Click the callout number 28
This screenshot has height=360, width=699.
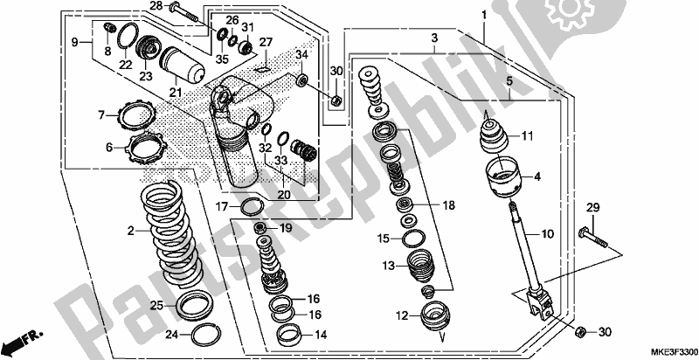coord(156,6)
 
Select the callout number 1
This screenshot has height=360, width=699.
coord(482,16)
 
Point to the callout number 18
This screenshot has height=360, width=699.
coord(447,205)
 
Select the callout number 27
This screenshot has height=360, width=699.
coord(266,42)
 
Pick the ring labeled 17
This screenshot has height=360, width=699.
coord(250,206)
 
